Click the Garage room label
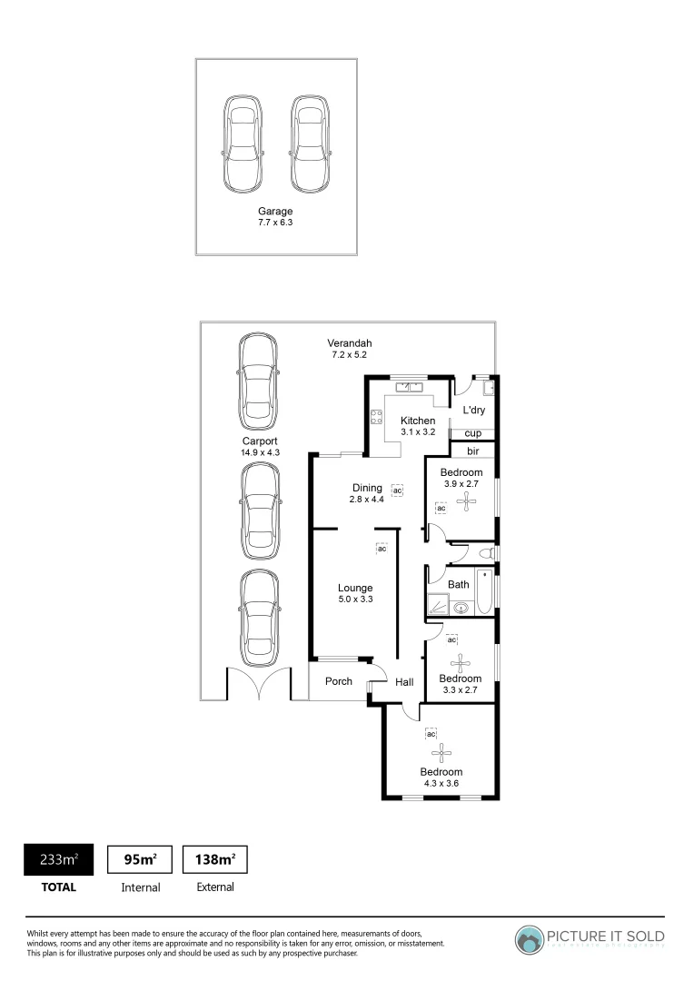coord(274,212)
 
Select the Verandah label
coord(350,343)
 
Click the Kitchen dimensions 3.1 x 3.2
coord(418,432)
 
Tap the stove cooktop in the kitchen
coord(375,419)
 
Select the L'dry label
coord(473,411)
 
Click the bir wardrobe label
coord(472,451)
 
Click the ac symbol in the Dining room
coord(397,490)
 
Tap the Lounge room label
coord(355,588)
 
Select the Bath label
coord(459,585)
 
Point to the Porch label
coord(339,681)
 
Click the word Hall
coord(404,682)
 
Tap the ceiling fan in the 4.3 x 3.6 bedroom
coord(441,751)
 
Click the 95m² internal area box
coord(141,859)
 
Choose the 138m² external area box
coord(215,859)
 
